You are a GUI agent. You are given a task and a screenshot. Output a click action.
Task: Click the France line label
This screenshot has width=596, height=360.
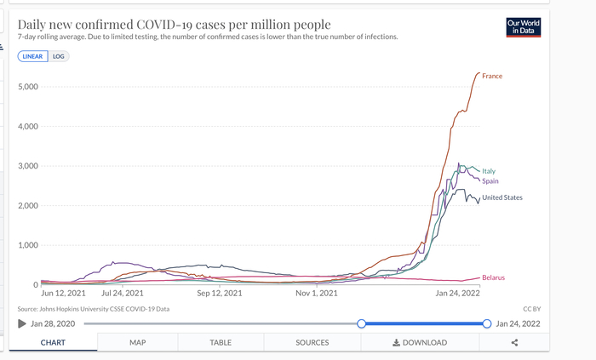pyautogui.click(x=492, y=77)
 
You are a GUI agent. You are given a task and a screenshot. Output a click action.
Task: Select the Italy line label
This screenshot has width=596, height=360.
pyautogui.click(x=489, y=171)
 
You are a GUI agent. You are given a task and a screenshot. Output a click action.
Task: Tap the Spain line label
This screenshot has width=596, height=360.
pyautogui.click(x=490, y=181)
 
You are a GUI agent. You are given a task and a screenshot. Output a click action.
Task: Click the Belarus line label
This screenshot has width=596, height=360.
pyautogui.click(x=494, y=278)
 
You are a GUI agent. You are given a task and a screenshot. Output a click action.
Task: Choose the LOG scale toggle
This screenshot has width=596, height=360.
pyautogui.click(x=58, y=56)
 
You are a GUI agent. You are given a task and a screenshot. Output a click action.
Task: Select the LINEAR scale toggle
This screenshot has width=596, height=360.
pyautogui.click(x=33, y=56)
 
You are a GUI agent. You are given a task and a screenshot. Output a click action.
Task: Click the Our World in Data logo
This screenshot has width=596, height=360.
pyautogui.click(x=523, y=27)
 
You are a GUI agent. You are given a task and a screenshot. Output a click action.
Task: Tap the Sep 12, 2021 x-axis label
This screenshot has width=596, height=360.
pyautogui.click(x=220, y=294)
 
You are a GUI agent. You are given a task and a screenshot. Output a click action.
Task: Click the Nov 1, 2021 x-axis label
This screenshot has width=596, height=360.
pyautogui.click(x=317, y=294)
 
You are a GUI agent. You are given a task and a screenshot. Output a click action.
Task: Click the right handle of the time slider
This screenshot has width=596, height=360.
pyautogui.click(x=487, y=323)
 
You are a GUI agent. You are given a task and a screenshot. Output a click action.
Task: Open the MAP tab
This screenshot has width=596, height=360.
pyautogui.click(x=138, y=342)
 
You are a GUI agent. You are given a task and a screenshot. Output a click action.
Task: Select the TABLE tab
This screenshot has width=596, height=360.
pyautogui.click(x=221, y=342)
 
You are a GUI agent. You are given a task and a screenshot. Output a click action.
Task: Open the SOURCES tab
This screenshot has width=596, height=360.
pyautogui.click(x=312, y=342)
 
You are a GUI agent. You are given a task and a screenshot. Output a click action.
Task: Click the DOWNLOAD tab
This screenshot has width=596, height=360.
pyautogui.click(x=419, y=342)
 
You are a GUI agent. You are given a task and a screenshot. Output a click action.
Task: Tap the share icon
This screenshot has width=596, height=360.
pyautogui.click(x=515, y=342)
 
